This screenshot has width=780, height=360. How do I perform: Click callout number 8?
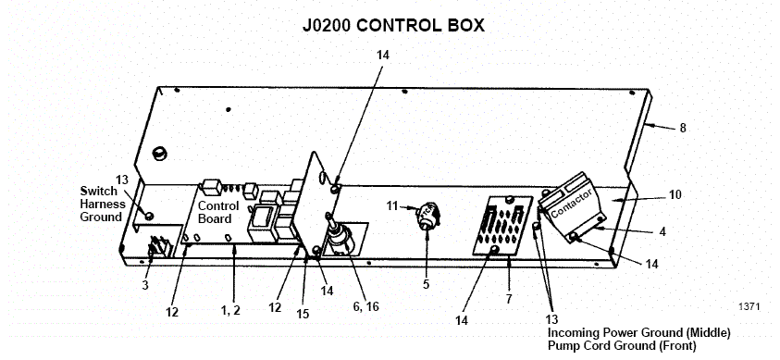pos(682,129)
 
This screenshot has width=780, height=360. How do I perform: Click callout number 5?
pos(426,284)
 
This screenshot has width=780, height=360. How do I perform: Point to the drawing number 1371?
pos(748,304)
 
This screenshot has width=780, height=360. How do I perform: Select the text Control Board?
pos(219,213)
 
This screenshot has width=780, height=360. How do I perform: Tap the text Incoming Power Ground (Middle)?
pos(639,331)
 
